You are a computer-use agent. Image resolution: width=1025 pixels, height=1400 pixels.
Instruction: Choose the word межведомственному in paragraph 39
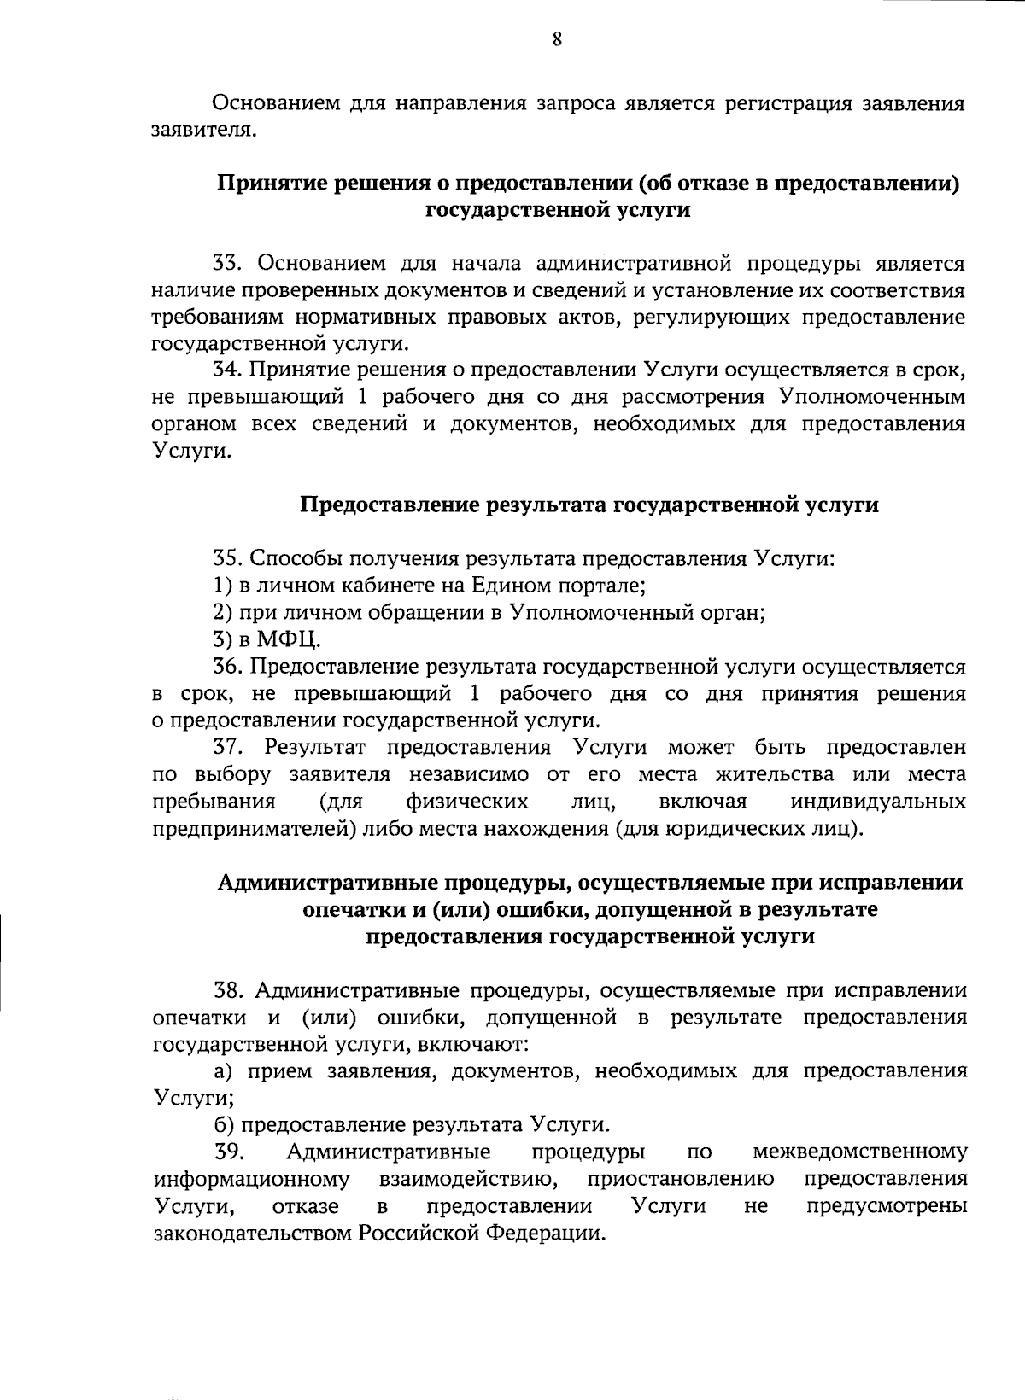pos(860,1152)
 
